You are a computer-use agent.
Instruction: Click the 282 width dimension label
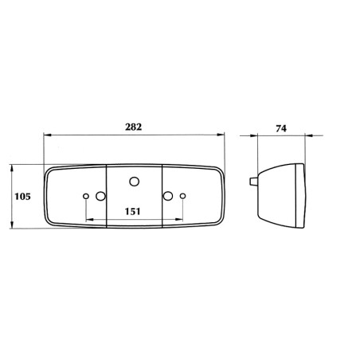click(134, 127)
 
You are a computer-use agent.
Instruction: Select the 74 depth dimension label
click(281, 128)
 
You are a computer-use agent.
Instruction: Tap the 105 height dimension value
click(22, 197)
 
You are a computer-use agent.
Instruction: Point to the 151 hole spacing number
click(132, 211)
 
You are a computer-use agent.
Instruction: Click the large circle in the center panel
click(135, 182)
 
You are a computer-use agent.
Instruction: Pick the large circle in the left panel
click(100, 196)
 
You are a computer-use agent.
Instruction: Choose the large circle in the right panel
click(168, 196)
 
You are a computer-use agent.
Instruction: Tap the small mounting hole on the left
click(86, 196)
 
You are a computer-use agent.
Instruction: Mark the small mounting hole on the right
click(182, 196)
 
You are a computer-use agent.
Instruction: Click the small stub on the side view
click(253, 181)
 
